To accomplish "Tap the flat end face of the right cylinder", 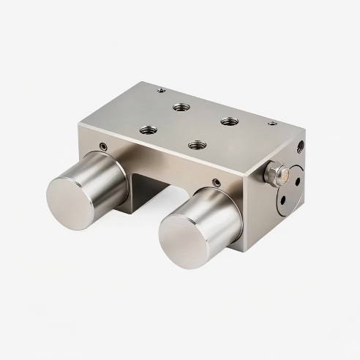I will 184,241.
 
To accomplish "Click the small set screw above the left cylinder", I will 103,146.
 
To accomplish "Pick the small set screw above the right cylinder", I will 216,182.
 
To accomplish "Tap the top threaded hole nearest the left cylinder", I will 149,130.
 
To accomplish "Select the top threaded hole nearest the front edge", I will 196,145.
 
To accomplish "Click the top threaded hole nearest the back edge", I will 181,107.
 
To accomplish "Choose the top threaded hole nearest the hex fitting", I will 229,120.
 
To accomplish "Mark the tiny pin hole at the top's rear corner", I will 161,90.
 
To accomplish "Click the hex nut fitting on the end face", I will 276,173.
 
